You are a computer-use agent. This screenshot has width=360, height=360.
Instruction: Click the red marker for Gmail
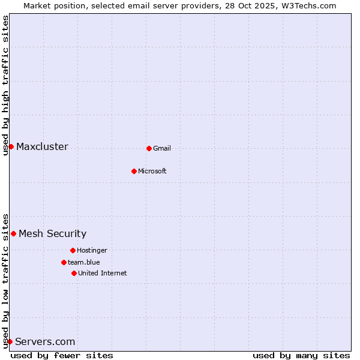coord(149,148)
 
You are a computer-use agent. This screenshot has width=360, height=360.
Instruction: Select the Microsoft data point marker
coord(134,171)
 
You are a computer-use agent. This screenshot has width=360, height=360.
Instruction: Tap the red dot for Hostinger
coord(73,250)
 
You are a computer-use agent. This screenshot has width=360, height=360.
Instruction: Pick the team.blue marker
coord(64,262)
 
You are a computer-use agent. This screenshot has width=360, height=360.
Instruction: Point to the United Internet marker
coord(74,273)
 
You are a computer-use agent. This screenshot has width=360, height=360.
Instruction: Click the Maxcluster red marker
coord(11,146)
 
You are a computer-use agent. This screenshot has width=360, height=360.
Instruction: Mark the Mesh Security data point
coord(13,233)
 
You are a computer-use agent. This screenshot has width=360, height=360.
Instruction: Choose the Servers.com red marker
coord(10,341)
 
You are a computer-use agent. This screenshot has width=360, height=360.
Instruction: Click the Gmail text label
coord(162,148)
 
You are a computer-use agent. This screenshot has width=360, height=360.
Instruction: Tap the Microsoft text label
coord(152,171)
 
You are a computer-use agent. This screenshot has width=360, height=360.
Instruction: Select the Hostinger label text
coord(92,250)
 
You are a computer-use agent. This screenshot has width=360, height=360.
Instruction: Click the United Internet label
coord(103,273)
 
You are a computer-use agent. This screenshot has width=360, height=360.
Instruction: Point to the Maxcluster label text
coord(42,146)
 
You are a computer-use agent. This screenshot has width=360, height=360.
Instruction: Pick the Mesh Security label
coord(52,233)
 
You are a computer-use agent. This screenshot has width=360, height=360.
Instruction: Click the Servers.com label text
coord(45,341)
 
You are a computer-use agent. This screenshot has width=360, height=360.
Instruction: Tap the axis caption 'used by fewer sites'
coord(62,355)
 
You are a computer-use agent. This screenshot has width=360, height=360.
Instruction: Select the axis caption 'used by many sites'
coord(301,355)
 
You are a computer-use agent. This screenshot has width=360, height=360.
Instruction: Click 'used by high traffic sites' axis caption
coord(5,85)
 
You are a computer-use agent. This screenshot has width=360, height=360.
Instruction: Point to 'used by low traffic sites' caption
coord(5,281)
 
